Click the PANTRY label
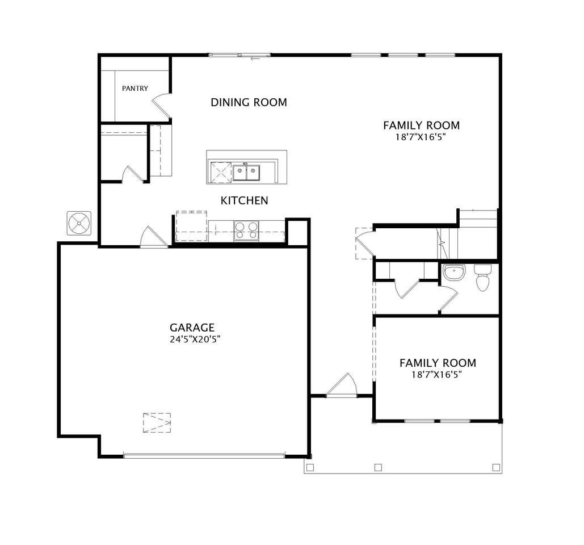135,89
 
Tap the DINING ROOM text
249,102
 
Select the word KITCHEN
244,200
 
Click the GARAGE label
192,328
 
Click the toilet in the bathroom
482,277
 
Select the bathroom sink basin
454,272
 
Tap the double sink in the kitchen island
246,172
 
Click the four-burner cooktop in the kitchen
246,230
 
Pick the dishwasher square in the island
221,172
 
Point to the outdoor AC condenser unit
79,223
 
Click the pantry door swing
162,106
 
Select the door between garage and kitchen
153,237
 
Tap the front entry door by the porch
342,385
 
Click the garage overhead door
204,455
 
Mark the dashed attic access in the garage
157,422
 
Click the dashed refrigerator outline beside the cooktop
191,226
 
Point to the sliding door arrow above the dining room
255,58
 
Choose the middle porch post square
378,467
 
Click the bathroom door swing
448,297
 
